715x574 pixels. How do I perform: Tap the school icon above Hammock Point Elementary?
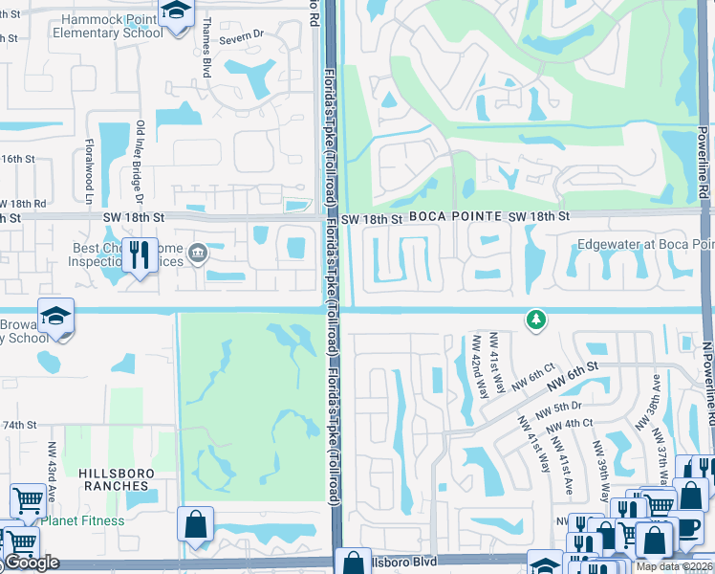pyautogui.click(x=176, y=13)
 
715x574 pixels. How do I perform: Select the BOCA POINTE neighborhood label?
pyautogui.click(x=454, y=217)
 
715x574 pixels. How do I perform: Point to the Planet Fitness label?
pyautogui.click(x=82, y=520)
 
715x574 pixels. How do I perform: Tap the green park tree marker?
pyautogui.click(x=536, y=319)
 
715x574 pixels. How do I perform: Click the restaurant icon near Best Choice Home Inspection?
pyautogui.click(x=141, y=255)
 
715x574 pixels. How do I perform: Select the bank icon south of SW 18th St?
pyautogui.click(x=199, y=254)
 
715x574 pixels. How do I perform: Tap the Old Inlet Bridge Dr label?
pyautogui.click(x=140, y=158)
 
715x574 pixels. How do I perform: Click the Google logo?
pyautogui.click(x=32, y=563)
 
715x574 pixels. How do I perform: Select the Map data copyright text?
pyautogui.click(x=674, y=565)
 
